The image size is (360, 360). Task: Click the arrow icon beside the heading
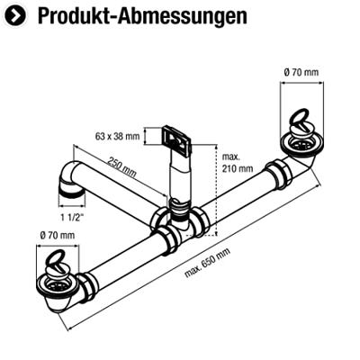point(15,15)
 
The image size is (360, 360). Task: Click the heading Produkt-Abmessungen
point(142,16)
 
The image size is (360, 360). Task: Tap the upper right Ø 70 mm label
point(301,72)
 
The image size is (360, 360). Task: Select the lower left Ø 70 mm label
point(58,236)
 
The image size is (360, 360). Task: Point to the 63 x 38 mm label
point(118,137)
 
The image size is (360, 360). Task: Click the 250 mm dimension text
point(122,167)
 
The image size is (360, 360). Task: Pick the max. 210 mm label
point(238,163)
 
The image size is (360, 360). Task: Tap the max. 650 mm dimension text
point(207,263)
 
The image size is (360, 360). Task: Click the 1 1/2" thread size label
point(72,218)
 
